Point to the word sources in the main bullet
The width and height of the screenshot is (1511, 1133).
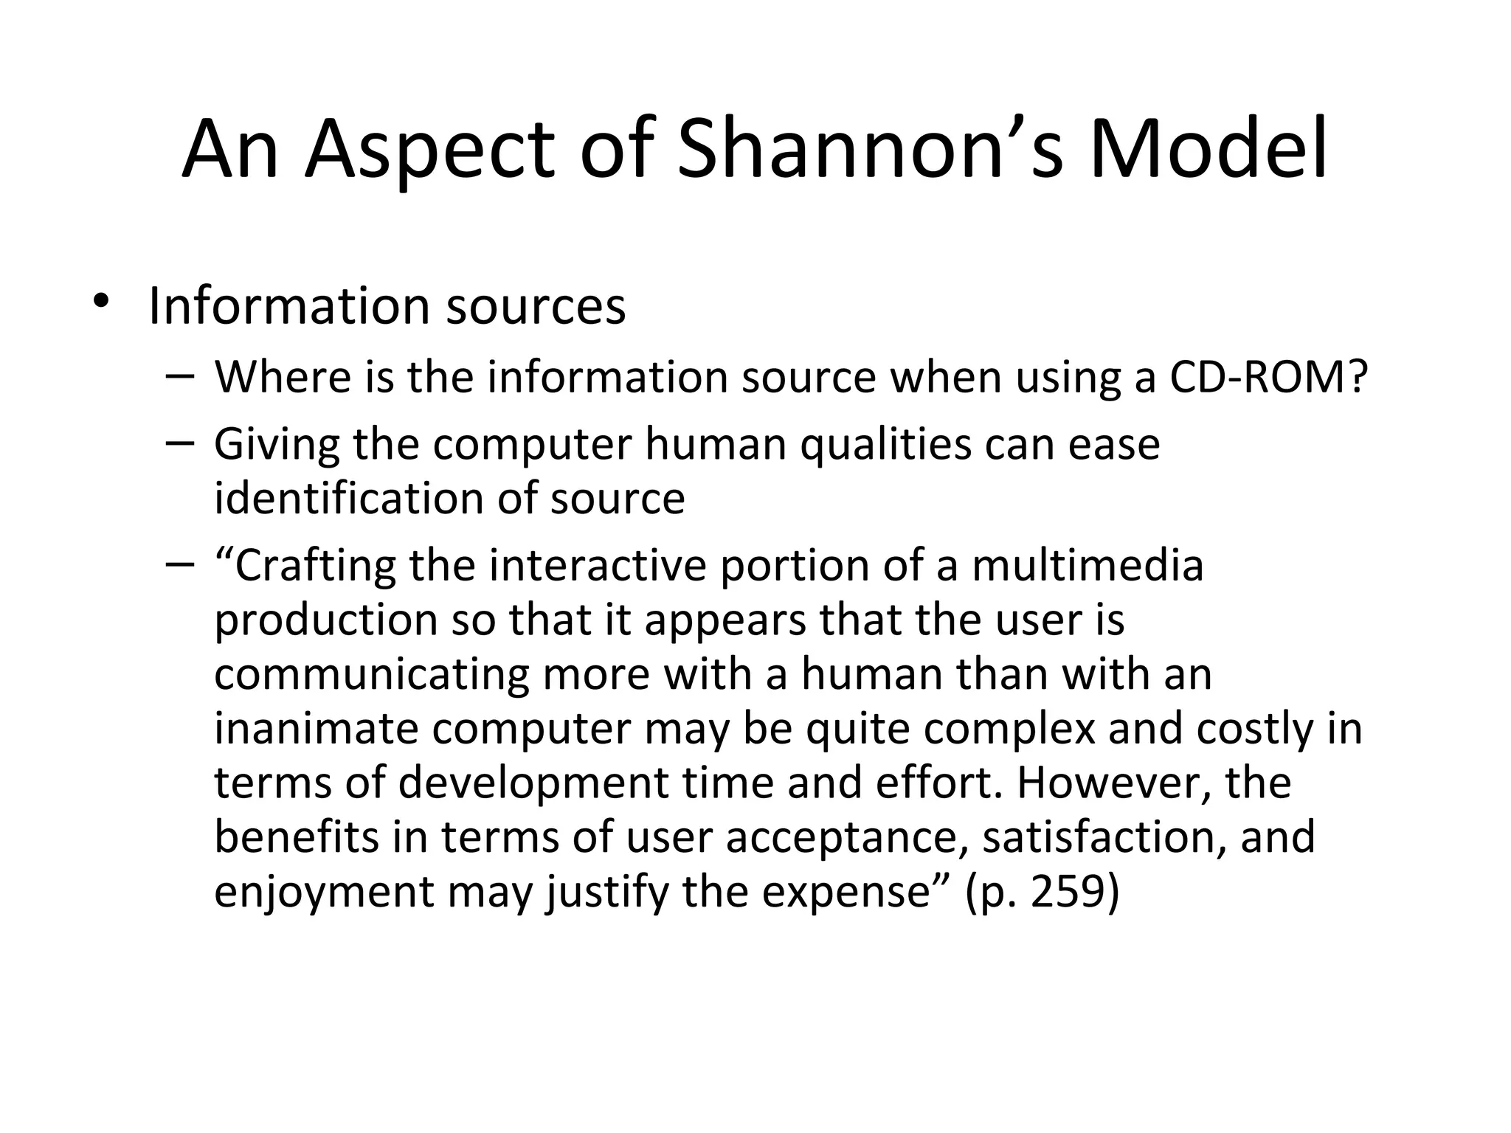(x=536, y=306)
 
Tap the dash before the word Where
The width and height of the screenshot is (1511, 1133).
(x=179, y=376)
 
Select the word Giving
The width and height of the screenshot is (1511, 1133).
(x=277, y=446)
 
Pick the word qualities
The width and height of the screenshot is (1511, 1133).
(x=885, y=446)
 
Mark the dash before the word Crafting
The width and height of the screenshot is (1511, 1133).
(x=179, y=565)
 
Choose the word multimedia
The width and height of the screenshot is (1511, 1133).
(x=1088, y=566)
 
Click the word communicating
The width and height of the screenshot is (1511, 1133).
(x=372, y=675)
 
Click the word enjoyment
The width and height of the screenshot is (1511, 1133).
(x=324, y=893)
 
